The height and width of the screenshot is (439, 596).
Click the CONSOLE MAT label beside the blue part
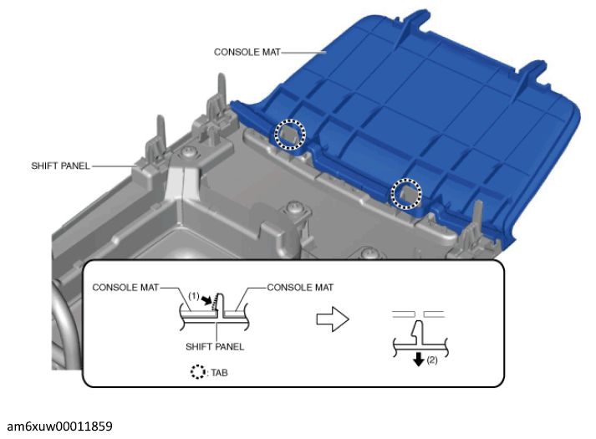(247, 52)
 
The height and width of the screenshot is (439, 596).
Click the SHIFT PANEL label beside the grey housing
(60, 166)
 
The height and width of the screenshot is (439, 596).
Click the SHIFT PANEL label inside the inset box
(215, 347)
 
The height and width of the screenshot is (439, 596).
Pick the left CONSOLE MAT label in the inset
(125, 288)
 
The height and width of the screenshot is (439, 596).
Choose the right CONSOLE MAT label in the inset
(300, 288)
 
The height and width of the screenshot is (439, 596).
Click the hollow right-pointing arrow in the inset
(333, 319)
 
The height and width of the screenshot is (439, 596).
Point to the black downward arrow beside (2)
(419, 359)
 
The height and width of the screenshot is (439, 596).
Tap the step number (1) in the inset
(193, 296)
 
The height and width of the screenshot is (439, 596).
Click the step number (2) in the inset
(432, 360)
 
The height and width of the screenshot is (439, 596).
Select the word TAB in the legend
(219, 372)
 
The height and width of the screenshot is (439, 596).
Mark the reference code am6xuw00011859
(59, 426)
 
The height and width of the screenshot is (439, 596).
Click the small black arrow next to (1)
(206, 300)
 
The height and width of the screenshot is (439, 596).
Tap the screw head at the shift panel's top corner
(188, 153)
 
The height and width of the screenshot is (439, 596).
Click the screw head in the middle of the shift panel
(293, 207)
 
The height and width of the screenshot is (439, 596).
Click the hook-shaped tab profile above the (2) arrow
(418, 333)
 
